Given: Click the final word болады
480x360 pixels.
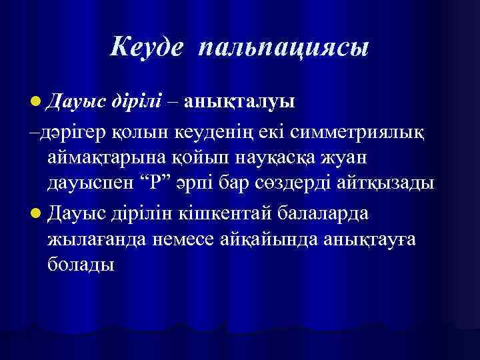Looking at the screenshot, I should click(81, 265).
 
